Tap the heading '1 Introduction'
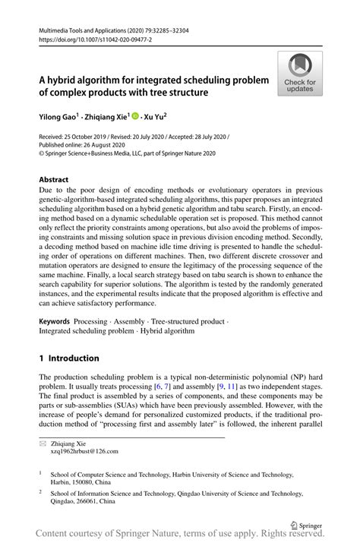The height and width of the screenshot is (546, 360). pos(69,358)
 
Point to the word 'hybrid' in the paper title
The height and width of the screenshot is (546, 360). pos(67,79)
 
